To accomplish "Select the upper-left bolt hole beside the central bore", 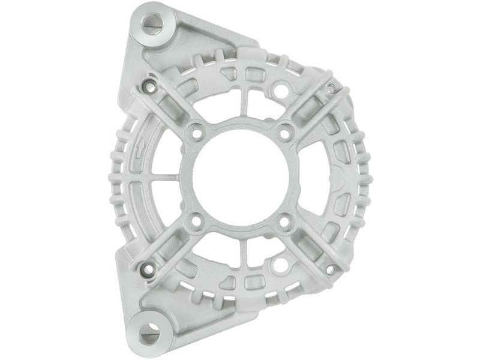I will click(x=195, y=132).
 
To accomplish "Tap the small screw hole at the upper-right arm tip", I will click(x=331, y=88).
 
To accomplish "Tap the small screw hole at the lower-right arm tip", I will click(x=331, y=269).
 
